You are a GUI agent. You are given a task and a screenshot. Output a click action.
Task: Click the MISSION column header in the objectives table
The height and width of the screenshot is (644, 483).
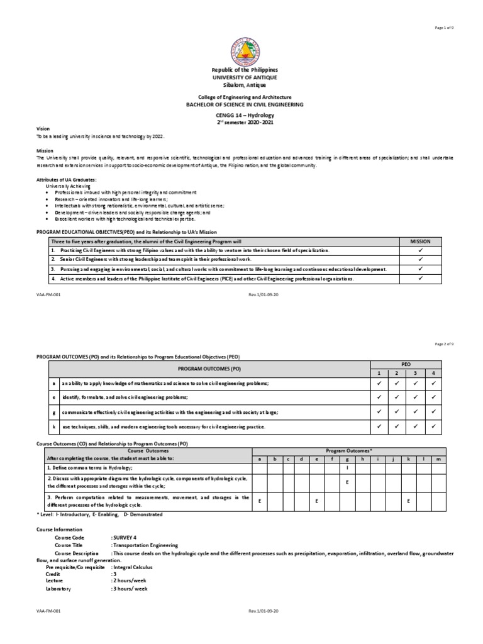click(x=420, y=241)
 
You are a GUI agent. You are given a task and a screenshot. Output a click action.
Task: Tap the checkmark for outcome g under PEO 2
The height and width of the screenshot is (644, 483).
click(x=396, y=412)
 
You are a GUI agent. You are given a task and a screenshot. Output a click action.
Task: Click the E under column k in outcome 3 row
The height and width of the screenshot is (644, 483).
click(x=408, y=501)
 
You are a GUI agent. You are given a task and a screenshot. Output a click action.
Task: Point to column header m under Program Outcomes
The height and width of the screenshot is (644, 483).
click(x=438, y=458)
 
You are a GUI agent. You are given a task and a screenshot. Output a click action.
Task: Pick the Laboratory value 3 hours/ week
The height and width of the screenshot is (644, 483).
click(x=129, y=589)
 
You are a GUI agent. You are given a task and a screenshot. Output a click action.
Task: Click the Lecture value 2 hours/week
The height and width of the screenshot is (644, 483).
click(x=128, y=581)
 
